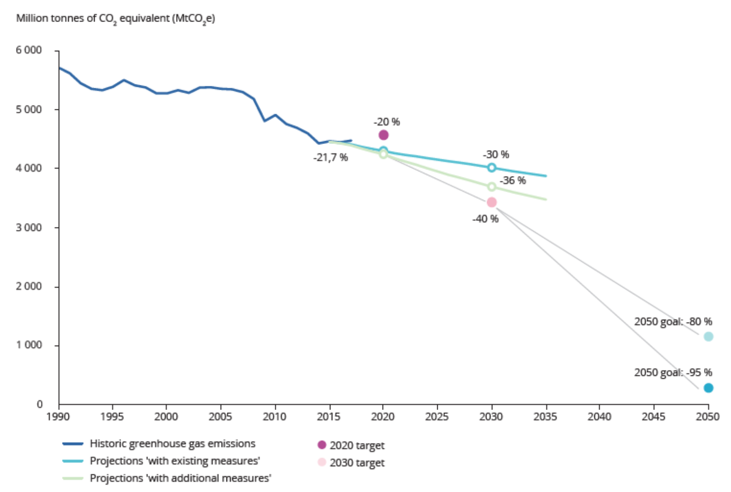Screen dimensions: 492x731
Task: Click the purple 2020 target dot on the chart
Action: [384, 135]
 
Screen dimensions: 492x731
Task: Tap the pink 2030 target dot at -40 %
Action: [492, 203]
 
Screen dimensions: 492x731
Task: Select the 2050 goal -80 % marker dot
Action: [709, 336]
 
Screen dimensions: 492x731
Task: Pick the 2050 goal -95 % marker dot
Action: [709, 388]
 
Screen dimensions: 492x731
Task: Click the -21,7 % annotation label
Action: [330, 158]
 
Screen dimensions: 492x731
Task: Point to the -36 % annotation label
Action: [513, 181]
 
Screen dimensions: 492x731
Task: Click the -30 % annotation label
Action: [496, 155]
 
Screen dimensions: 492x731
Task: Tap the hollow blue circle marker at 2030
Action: [492, 168]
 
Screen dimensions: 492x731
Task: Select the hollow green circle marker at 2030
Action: [492, 187]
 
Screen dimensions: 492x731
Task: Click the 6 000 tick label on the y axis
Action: [29, 50]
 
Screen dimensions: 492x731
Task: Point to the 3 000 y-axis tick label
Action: [29, 228]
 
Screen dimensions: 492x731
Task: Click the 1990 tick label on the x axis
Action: [58, 417]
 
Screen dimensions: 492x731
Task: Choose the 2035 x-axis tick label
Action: [545, 417]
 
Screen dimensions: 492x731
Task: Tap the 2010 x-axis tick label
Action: [275, 417]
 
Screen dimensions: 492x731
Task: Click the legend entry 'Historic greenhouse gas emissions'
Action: [172, 444]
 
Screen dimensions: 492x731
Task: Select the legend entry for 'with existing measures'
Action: [175, 461]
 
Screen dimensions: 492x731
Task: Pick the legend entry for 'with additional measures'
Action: [180, 478]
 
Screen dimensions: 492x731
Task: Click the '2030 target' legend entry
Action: [357, 463]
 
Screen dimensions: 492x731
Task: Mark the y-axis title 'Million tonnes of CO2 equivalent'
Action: [116, 19]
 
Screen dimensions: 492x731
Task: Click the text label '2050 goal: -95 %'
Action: [673, 372]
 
